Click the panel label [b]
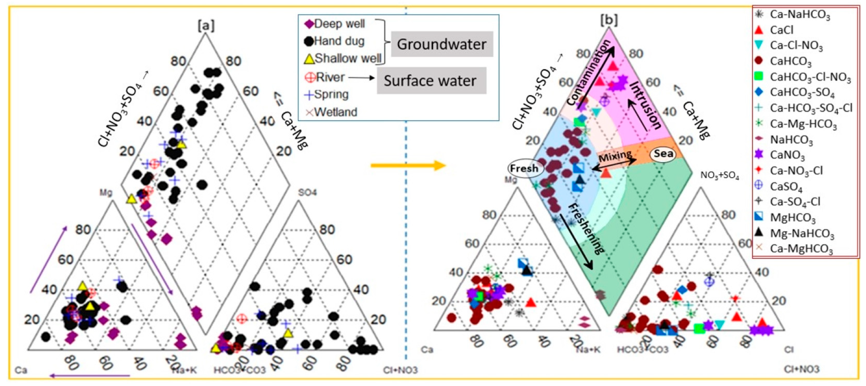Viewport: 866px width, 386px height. click(x=609, y=20)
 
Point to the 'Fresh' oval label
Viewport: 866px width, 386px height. click(x=524, y=168)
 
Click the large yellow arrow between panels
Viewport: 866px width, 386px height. click(x=408, y=165)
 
